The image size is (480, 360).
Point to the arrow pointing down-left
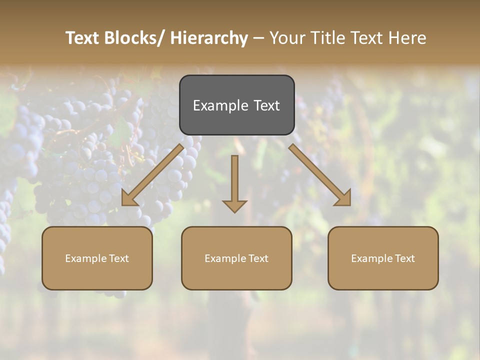click(153, 175)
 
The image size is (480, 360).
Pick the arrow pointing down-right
click(320, 175)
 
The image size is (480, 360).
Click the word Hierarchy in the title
click(209, 38)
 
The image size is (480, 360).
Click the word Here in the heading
click(407, 38)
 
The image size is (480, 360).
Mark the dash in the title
click(258, 38)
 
